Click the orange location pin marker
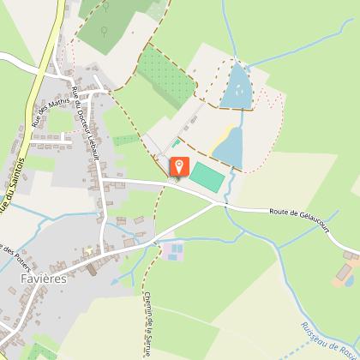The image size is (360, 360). (x=178, y=166)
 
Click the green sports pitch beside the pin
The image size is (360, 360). (x=206, y=177)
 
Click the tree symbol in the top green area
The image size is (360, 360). (x=103, y=32)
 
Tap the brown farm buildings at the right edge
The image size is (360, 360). (x=346, y=275)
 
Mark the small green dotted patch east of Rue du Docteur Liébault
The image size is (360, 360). (x=125, y=139)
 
